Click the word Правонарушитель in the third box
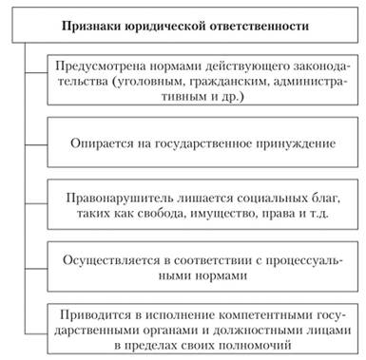click(x=120, y=198)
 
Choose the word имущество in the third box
click(x=222, y=213)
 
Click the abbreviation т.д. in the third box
click(x=318, y=213)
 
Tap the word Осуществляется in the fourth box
click(x=111, y=260)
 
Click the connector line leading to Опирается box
click(x=36, y=145)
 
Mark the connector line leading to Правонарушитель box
click(x=36, y=203)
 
